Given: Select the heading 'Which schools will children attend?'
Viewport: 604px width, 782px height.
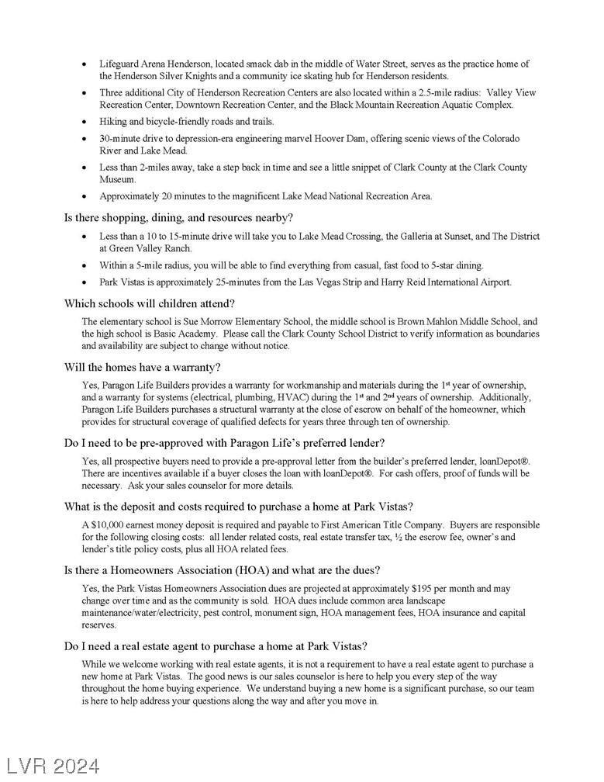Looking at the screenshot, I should pos(150,303).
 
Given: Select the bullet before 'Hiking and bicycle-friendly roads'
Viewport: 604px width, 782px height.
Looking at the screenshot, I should pos(85,122).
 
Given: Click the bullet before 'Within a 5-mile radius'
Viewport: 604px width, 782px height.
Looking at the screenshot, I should pos(85,265).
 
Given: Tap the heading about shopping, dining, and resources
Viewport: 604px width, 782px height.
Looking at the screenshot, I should pos(178,217).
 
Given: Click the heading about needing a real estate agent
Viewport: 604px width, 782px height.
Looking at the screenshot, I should pos(216,646).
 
